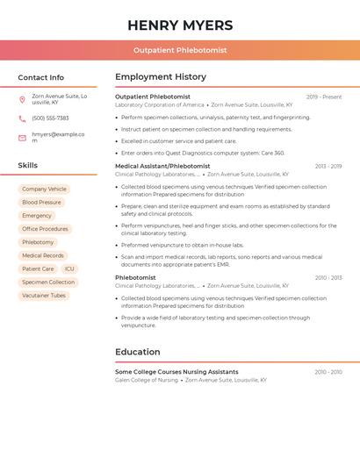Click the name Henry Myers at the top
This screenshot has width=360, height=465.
pos(180,25)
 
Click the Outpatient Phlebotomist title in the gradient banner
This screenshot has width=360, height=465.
pos(180,50)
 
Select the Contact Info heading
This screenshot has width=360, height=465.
pos(41,77)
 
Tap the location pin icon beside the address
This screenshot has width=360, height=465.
pos(22,99)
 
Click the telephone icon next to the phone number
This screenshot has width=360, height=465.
pos(22,118)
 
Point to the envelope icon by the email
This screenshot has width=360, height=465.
pos(22,138)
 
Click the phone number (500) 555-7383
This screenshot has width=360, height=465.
pos(50,118)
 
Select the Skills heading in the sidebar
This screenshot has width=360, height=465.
pos(28,165)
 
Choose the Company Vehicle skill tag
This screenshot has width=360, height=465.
pos(44,189)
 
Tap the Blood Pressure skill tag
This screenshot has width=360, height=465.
pos(41,202)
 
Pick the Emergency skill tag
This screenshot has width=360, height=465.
pos(37,216)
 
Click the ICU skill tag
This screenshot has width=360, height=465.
pos(69,269)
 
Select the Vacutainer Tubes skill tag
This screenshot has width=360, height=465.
pos(44,296)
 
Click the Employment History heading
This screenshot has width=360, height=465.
pos(161,77)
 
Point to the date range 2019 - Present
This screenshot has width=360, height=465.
pos(324,97)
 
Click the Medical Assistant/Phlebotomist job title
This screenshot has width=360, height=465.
pos(162,166)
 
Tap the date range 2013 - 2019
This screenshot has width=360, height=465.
pos(328,166)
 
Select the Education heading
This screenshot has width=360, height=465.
pos(137,352)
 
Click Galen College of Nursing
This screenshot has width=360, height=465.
pos(147,380)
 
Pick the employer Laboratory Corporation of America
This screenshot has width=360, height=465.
pos(159,104)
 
